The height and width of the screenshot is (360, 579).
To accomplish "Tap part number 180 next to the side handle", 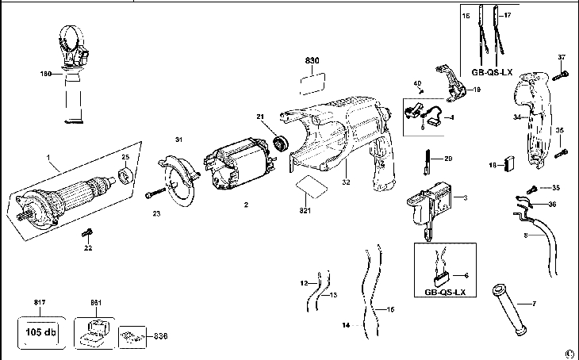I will pos(45,74).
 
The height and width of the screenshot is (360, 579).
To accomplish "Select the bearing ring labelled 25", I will pos(125,174).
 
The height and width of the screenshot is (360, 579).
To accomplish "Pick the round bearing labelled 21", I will pos(279,144).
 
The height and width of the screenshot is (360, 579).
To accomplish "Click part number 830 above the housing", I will pos(315,60).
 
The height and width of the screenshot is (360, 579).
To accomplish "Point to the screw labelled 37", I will pos(562,75).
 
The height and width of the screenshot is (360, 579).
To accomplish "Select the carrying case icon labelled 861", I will pos(94,330).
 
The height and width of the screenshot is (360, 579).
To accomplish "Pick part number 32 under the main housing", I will pos(347,181).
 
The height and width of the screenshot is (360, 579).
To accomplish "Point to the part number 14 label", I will pos(345,325).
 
